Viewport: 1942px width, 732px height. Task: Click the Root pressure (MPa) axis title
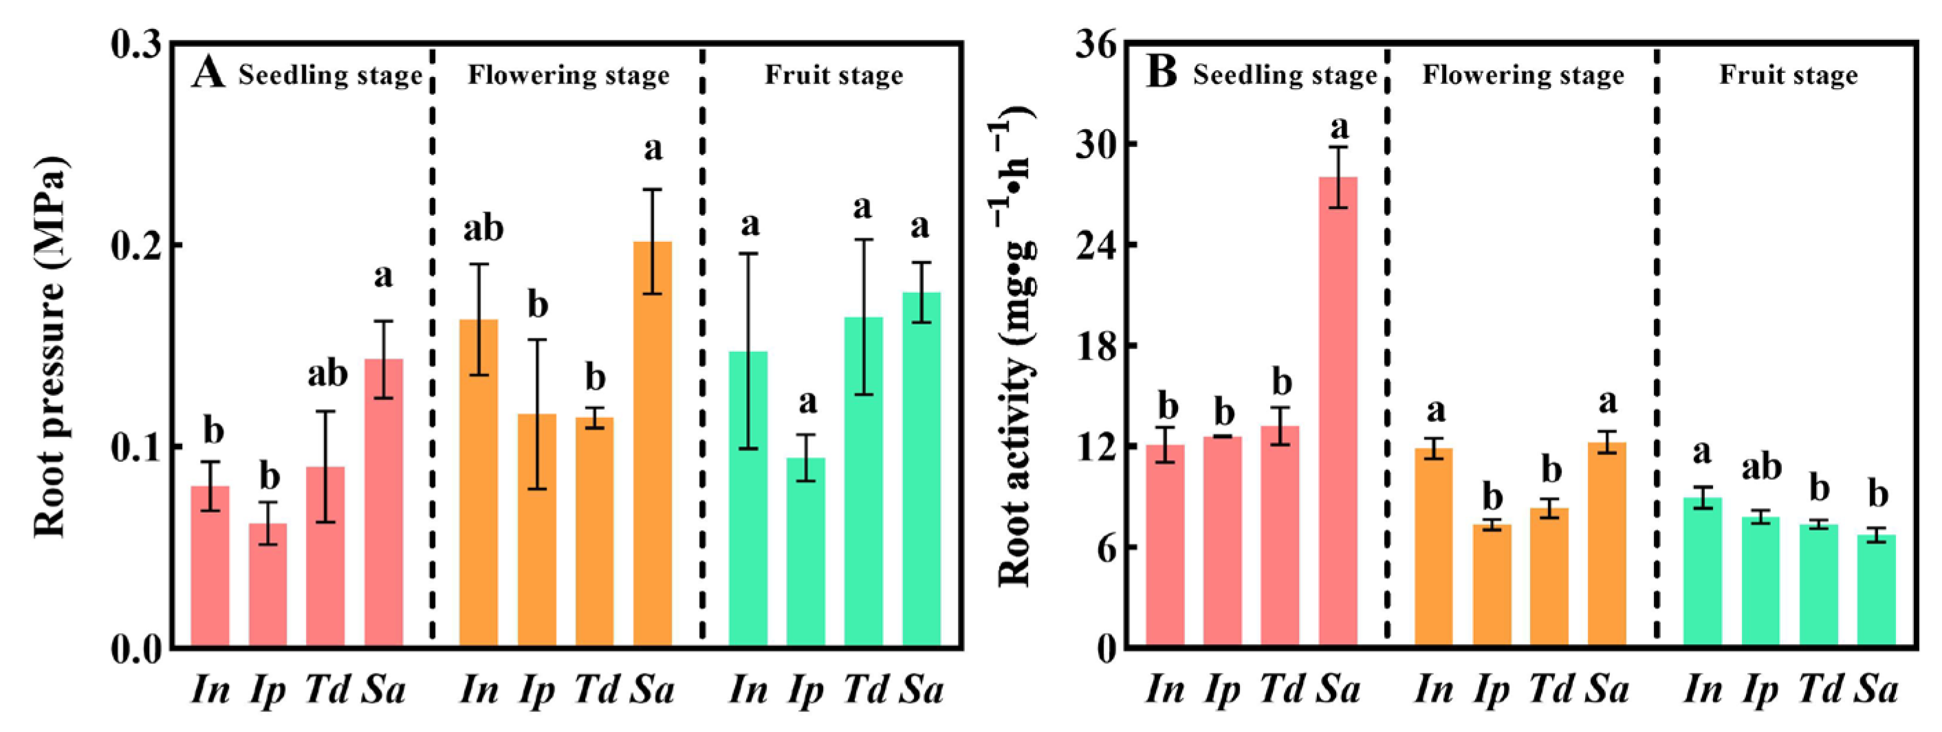pyautogui.click(x=52, y=347)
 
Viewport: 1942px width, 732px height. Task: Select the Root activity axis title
pyautogui.click(x=1014, y=347)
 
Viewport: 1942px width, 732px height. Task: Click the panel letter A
pyautogui.click(x=208, y=75)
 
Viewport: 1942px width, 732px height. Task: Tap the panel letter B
pyautogui.click(x=1161, y=75)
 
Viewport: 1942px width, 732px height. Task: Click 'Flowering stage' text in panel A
pyautogui.click(x=569, y=76)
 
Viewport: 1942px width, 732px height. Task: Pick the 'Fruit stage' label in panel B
pyautogui.click(x=1788, y=76)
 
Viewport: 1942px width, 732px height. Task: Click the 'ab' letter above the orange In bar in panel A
pyautogui.click(x=483, y=228)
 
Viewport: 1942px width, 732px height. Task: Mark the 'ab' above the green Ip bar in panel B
pyautogui.click(x=1761, y=467)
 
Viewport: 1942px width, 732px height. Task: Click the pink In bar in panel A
pyautogui.click(x=210, y=566)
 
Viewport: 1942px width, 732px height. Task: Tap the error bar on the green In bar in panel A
pyautogui.click(x=749, y=351)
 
